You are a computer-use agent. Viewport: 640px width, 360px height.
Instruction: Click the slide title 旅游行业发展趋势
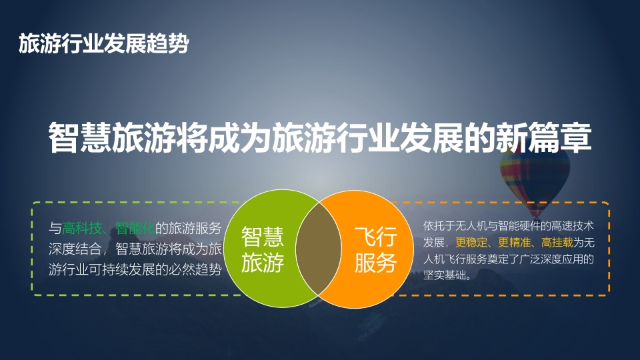[104, 43]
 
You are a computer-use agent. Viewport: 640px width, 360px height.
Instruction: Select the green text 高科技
[81, 228]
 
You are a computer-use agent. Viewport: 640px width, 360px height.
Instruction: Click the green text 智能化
[135, 228]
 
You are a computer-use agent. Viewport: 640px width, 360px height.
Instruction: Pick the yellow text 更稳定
[471, 243]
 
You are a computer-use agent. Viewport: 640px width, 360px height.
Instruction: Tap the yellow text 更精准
[514, 243]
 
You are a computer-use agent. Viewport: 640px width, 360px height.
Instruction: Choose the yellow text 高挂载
[557, 243]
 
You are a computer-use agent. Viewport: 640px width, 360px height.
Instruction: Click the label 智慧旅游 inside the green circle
[263, 249]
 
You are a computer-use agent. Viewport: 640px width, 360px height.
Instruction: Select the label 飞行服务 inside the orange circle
[375, 249]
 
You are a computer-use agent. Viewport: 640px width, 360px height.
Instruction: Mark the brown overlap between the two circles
[319, 249]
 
